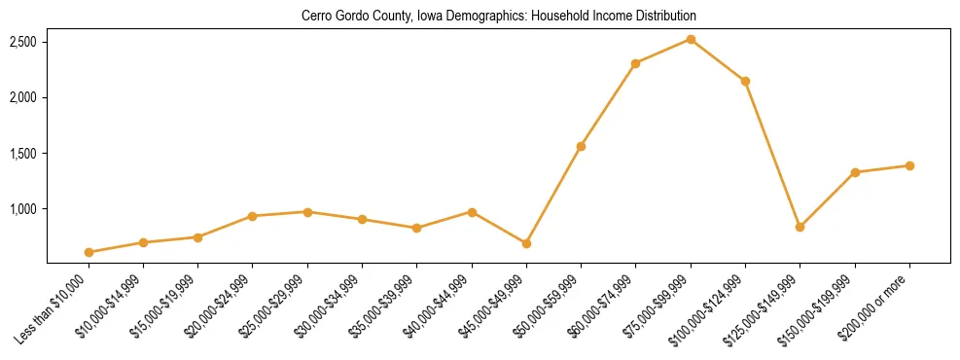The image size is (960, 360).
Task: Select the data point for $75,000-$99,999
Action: pyautogui.click(x=691, y=39)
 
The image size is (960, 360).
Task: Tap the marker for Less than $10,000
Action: pyautogui.click(x=89, y=252)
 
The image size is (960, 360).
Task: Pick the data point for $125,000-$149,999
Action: pyautogui.click(x=800, y=227)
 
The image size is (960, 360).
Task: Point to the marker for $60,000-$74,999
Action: pyautogui.click(x=635, y=63)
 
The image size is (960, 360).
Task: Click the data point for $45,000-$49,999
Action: pyautogui.click(x=526, y=243)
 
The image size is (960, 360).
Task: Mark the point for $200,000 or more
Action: pyautogui.click(x=909, y=165)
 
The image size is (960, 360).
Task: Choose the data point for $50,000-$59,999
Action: pyautogui.click(x=581, y=146)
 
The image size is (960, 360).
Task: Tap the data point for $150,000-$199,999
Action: pyautogui.click(x=855, y=172)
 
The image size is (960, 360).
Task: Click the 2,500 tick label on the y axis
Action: pyautogui.click(x=23, y=42)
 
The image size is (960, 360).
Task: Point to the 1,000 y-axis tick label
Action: pyautogui.click(x=23, y=209)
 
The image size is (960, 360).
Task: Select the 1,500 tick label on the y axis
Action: pyautogui.click(x=23, y=154)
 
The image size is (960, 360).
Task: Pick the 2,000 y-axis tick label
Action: pyautogui.click(x=23, y=97)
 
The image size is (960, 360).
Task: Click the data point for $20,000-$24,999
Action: pyautogui.click(x=253, y=216)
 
